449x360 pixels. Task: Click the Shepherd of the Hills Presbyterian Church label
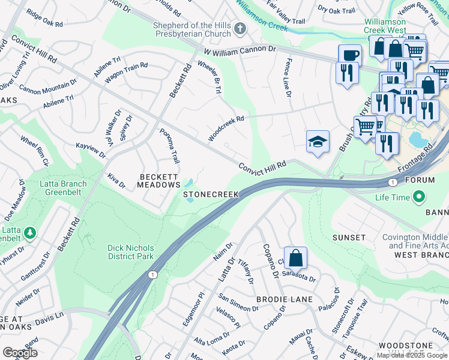click(192, 29)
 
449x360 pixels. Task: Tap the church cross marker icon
click(240, 28)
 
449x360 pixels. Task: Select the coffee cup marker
click(350, 56)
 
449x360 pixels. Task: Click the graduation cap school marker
click(318, 142)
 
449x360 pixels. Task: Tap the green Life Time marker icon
click(420, 197)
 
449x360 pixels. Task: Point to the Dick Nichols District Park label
click(130, 252)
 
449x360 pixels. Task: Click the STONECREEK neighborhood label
click(211, 195)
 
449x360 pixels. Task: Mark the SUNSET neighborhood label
click(349, 238)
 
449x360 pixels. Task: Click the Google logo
click(20, 353)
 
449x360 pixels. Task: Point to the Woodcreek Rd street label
click(226, 128)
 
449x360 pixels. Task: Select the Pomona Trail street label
click(169, 146)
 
